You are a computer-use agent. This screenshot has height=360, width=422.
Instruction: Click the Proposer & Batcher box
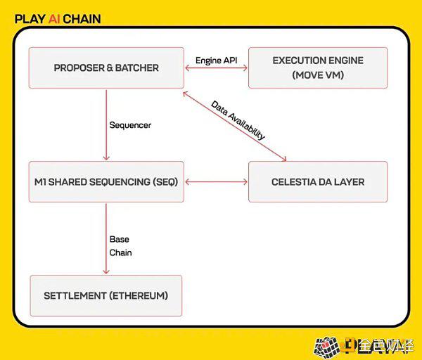106,67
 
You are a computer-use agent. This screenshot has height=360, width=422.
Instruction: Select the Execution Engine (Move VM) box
318,67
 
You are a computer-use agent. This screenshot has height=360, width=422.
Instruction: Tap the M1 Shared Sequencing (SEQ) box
106,181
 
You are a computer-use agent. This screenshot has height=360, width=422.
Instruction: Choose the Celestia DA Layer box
318,181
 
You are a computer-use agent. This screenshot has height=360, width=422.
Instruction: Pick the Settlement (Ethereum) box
106,296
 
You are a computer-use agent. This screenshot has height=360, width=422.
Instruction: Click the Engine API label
216,60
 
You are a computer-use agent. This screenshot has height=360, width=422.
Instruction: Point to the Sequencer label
130,125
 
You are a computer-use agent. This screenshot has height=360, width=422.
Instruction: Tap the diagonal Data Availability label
238,120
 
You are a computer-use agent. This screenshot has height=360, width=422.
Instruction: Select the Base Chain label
120,246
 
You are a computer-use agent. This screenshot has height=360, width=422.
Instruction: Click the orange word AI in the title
54,19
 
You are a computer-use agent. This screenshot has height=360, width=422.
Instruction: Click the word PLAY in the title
30,19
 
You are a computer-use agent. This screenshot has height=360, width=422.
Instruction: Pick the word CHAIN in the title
82,19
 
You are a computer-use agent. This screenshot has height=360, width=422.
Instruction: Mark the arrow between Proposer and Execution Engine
216,67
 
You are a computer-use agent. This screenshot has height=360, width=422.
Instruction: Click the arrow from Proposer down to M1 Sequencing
106,125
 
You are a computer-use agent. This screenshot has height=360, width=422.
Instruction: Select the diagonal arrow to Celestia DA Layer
234,126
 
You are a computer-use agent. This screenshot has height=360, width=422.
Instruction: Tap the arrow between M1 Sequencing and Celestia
216,182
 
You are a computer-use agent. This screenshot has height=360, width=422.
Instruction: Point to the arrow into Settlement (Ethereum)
106,238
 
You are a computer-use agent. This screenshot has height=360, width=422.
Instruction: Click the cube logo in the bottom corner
326,347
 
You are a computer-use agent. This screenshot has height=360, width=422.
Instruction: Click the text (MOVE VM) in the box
318,75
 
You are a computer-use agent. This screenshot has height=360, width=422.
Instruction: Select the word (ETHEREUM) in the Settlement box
139,296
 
